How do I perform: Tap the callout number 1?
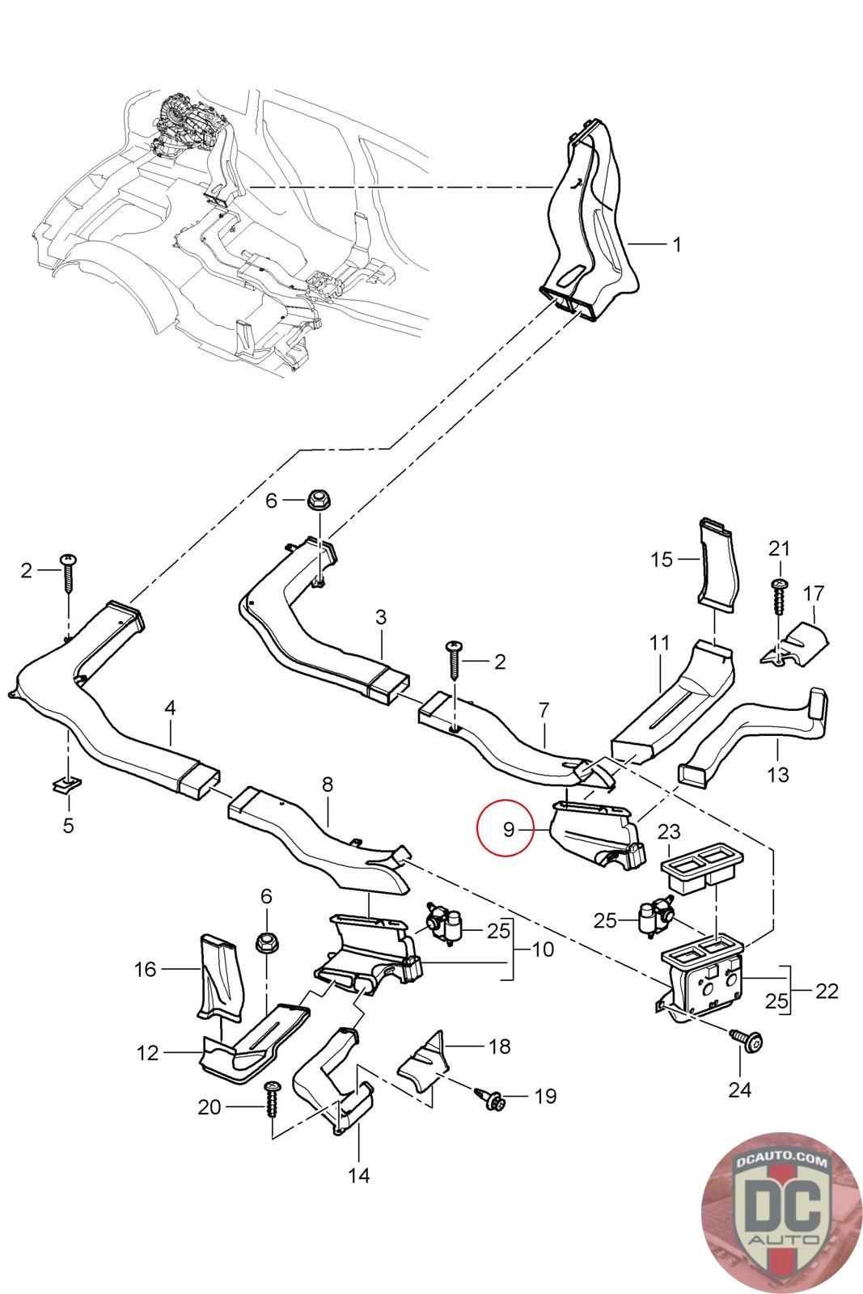pos(677,243)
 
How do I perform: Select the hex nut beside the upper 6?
pos(315,500)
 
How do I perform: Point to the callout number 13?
pos(777,774)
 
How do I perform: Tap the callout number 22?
pos(827,991)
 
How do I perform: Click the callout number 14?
pos(359,1174)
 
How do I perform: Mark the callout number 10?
pos(543,949)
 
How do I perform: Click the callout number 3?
pos(381,617)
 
